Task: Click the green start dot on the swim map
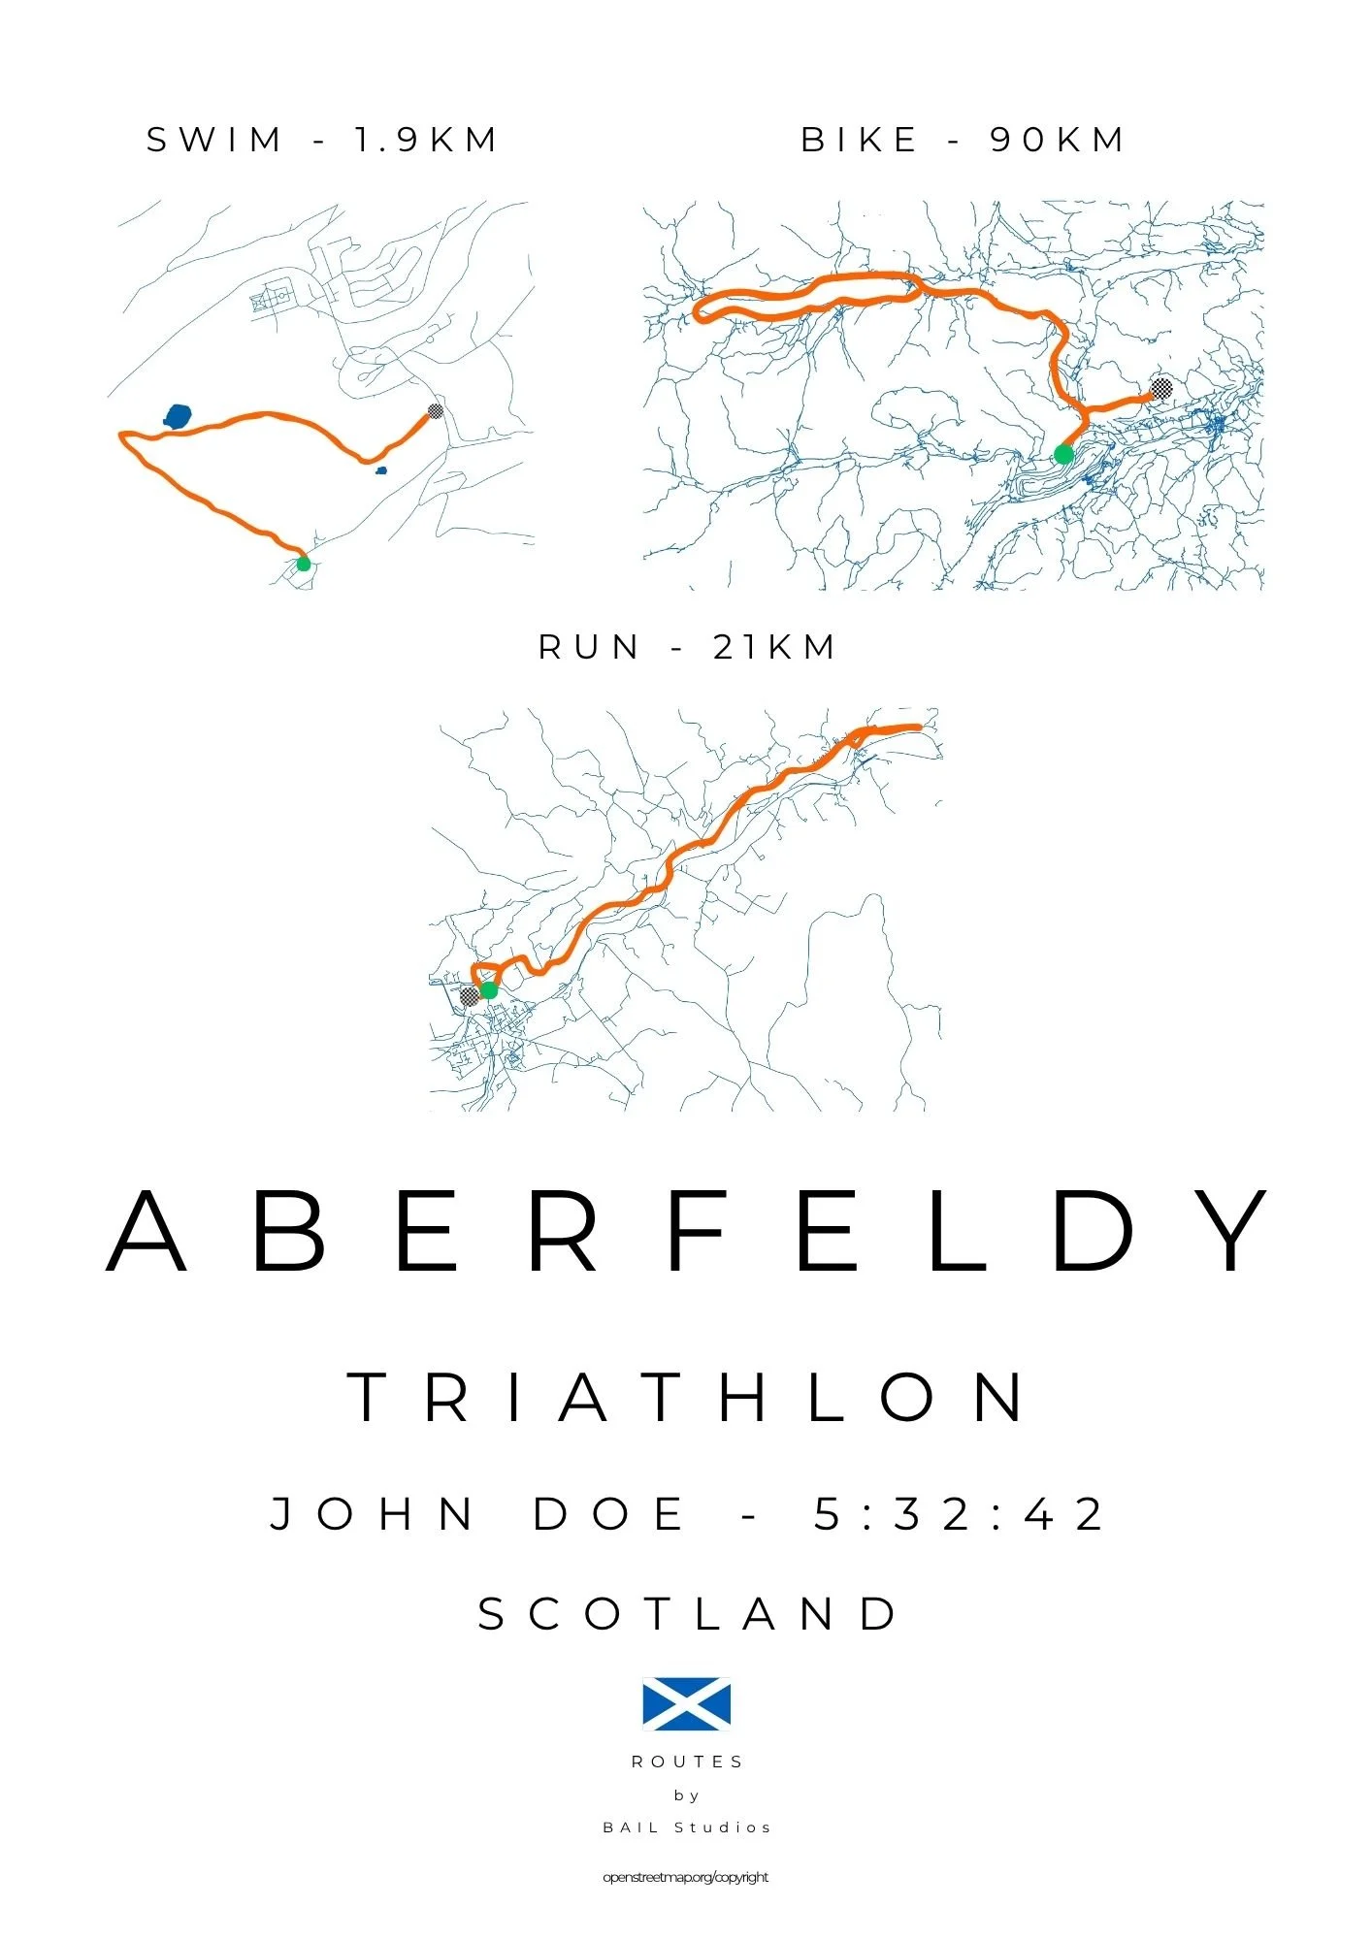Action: click(304, 564)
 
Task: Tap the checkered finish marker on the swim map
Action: click(436, 411)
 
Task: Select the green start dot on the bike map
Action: click(1063, 454)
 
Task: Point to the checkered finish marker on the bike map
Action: click(1160, 389)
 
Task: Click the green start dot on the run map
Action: click(489, 990)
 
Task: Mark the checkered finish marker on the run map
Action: click(469, 995)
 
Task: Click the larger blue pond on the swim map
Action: click(178, 417)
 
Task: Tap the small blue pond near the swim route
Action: click(381, 471)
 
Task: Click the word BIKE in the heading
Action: click(860, 141)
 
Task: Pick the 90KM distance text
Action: click(1057, 141)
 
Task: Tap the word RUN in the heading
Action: click(589, 648)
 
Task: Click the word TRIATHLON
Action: click(686, 1398)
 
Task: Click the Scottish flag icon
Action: click(686, 1704)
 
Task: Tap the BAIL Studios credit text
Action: click(687, 1827)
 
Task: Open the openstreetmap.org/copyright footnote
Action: click(685, 1878)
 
